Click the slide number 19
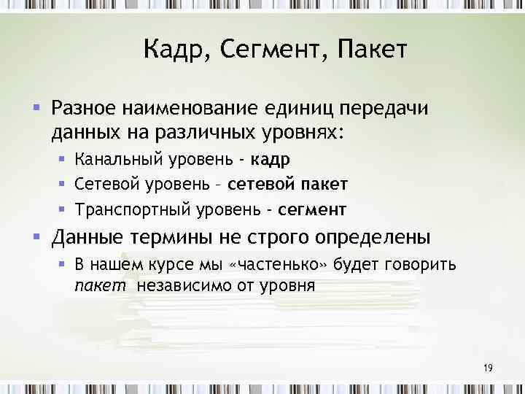tap(488, 368)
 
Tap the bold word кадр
tap(271, 161)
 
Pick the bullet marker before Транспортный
tap(63, 209)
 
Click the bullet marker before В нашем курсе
tap(63, 263)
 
